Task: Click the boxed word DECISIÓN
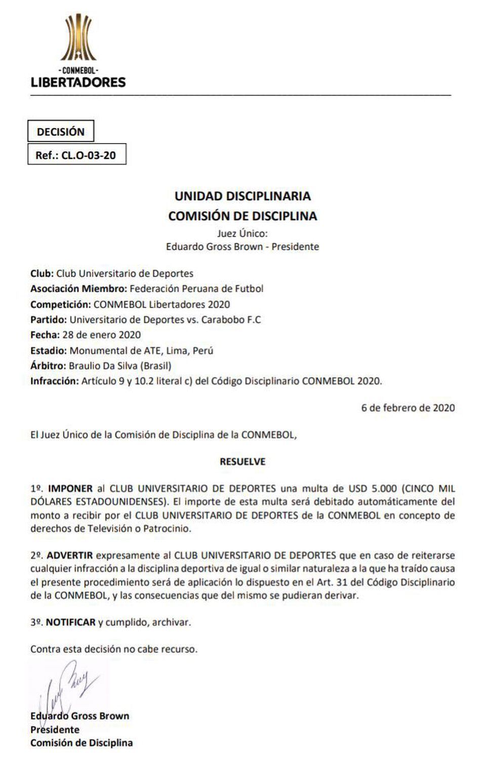pos(61,132)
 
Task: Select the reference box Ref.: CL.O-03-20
pos(76,155)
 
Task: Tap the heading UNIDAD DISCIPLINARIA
pos(242,196)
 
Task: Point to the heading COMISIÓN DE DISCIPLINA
pos(242,216)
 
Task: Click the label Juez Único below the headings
pos(242,233)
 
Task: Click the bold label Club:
pos(42,274)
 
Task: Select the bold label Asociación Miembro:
pos(78,289)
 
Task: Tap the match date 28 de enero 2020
pos(101,335)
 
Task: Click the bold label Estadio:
pos(49,351)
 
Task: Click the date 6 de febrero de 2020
pos(408,408)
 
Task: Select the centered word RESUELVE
pos(242,461)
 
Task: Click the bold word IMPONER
pos(70,489)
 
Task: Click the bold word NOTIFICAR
pos(71,622)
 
